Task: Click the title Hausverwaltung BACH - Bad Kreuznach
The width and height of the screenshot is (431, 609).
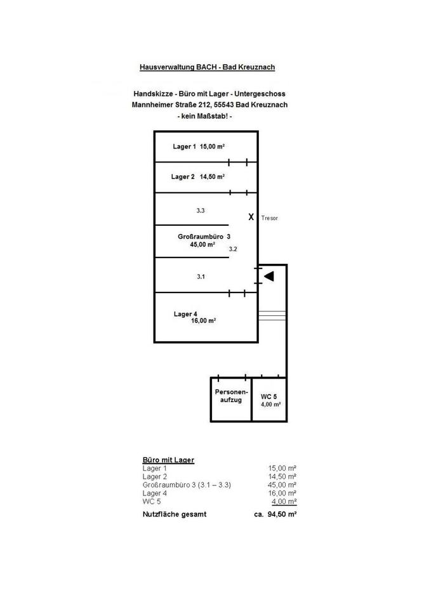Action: pyautogui.click(x=207, y=67)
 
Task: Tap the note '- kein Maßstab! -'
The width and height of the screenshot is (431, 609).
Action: pyautogui.click(x=204, y=116)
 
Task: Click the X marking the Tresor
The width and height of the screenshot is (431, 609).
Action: pyautogui.click(x=251, y=217)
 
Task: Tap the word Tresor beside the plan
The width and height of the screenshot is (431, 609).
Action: pyautogui.click(x=269, y=218)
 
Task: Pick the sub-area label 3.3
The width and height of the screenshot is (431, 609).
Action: pyautogui.click(x=201, y=211)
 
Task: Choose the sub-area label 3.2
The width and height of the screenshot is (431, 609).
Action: pyautogui.click(x=233, y=249)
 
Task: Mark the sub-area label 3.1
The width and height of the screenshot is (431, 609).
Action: pyautogui.click(x=201, y=277)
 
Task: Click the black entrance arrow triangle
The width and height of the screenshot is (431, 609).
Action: pyautogui.click(x=269, y=276)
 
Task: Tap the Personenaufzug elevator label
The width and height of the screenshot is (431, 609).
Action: pyautogui.click(x=231, y=396)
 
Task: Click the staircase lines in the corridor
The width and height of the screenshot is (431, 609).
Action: pyautogui.click(x=272, y=315)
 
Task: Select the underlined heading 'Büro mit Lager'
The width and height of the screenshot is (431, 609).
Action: pyautogui.click(x=168, y=460)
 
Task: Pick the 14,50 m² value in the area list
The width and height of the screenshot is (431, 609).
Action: pyautogui.click(x=282, y=476)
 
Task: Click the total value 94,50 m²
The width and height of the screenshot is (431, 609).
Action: pyautogui.click(x=282, y=514)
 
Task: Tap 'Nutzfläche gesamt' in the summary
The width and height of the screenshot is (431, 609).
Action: pyautogui.click(x=175, y=514)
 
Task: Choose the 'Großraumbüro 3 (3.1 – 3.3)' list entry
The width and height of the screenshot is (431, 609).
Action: pyautogui.click(x=187, y=485)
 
